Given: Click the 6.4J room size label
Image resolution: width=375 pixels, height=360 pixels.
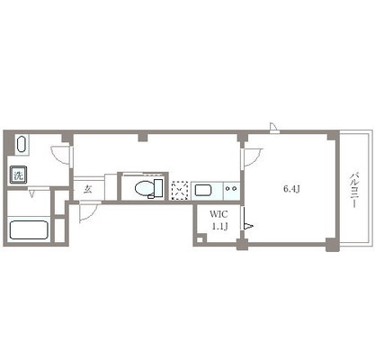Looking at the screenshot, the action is (x=291, y=189).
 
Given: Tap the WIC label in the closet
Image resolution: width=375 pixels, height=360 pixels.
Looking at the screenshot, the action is (x=219, y=214).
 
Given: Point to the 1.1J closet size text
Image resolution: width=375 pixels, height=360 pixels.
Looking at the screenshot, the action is (x=219, y=227).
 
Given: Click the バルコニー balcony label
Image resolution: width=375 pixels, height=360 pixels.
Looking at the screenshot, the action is (x=354, y=190).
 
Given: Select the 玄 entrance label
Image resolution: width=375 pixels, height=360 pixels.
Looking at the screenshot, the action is (x=87, y=189).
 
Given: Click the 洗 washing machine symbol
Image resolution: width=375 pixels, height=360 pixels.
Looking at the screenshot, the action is (x=18, y=175).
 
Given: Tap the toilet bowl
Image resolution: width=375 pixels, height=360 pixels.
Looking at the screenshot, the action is (x=144, y=188).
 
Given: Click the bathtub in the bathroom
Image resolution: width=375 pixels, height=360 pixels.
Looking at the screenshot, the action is (x=29, y=230).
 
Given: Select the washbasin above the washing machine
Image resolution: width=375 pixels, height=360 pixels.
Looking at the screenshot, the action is (x=21, y=145).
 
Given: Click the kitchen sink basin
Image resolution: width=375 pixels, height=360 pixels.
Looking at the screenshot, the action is (x=203, y=190).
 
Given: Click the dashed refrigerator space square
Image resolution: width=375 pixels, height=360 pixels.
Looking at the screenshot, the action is (x=180, y=191).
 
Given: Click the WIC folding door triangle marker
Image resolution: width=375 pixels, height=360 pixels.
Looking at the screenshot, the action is (x=248, y=226).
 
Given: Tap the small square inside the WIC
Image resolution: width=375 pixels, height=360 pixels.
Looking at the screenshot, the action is (x=200, y=239).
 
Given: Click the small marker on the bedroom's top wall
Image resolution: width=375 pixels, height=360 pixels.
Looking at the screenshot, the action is (x=273, y=128).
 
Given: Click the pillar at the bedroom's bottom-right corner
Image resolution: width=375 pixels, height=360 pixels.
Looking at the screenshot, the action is (x=332, y=245).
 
